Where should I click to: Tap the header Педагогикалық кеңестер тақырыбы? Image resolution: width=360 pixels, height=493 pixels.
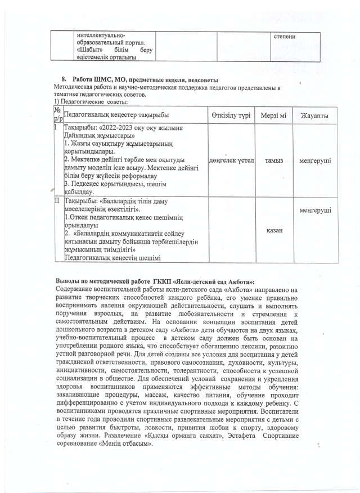tap(118, 116)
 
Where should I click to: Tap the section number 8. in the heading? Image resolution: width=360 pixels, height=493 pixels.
tap(64, 82)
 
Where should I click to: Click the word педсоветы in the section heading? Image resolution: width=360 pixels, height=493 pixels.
tap(201, 82)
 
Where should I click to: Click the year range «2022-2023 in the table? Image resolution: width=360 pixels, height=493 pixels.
tap(123, 129)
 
